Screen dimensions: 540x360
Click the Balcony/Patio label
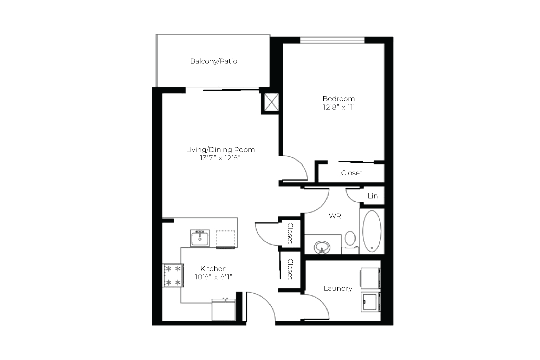[x=214, y=61]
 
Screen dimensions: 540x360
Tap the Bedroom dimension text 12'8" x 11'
[x=339, y=107]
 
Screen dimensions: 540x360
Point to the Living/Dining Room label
[x=220, y=150]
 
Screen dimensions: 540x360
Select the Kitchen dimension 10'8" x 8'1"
[x=214, y=277]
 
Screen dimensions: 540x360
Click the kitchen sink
[x=200, y=238]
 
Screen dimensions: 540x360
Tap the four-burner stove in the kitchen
[x=173, y=275]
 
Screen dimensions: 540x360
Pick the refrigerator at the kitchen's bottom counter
[x=224, y=310]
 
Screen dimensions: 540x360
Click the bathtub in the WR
[x=372, y=231]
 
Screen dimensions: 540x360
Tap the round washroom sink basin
[x=322, y=247]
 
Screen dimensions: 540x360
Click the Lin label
[x=373, y=196]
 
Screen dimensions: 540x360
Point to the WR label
[x=335, y=216]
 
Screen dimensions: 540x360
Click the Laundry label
[x=338, y=288]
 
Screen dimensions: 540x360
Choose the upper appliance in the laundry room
[x=371, y=278]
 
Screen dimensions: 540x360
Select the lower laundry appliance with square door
[x=371, y=302]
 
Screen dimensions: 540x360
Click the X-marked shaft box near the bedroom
[x=272, y=102]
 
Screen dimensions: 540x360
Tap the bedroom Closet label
[x=352, y=173]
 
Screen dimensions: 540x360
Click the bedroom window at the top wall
[x=332, y=40]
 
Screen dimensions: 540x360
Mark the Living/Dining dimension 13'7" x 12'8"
[x=220, y=158]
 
